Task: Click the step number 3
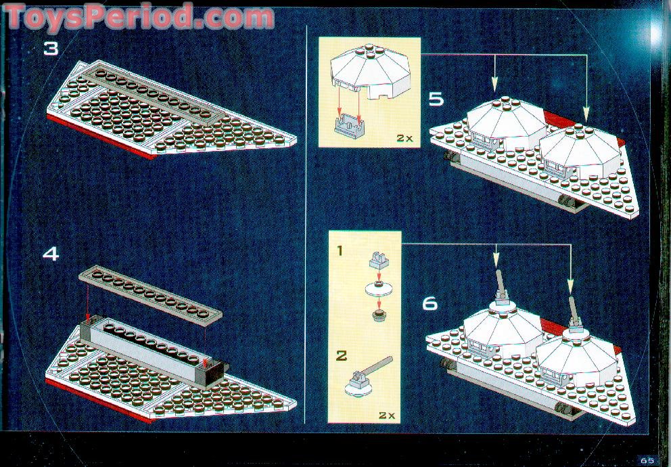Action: click(51, 48)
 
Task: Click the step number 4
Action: click(51, 254)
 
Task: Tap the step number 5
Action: click(436, 99)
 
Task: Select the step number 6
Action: click(430, 303)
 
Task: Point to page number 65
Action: click(647, 460)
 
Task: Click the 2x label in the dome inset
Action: click(404, 138)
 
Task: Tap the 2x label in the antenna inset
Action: click(387, 415)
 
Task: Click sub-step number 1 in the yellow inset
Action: click(340, 250)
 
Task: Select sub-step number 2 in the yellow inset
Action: click(341, 355)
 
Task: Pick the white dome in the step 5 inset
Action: click(370, 71)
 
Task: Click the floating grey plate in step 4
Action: click(151, 295)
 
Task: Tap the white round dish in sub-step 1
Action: click(379, 289)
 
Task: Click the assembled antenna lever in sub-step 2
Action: click(367, 377)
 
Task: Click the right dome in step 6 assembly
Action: click(577, 356)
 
